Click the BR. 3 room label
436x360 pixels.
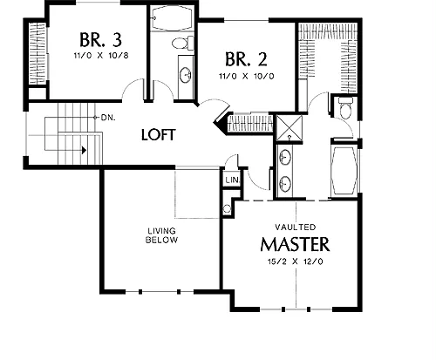point(100,40)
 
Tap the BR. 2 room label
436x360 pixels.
point(246,59)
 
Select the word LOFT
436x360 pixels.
point(159,135)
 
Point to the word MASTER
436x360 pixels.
point(295,244)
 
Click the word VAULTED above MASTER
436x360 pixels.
point(296,227)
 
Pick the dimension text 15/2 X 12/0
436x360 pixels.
point(295,262)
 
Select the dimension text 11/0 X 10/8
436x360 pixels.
point(101,56)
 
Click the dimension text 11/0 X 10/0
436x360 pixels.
point(246,77)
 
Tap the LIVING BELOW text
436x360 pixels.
point(161,235)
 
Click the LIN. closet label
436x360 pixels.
point(233,180)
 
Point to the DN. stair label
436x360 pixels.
point(108,118)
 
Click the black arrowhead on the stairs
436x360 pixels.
point(85,150)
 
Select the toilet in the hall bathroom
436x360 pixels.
point(183,43)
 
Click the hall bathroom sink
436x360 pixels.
point(185,75)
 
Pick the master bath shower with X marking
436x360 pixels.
point(289,128)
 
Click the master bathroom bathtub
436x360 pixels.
point(344,171)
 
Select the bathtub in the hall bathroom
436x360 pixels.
point(172,17)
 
